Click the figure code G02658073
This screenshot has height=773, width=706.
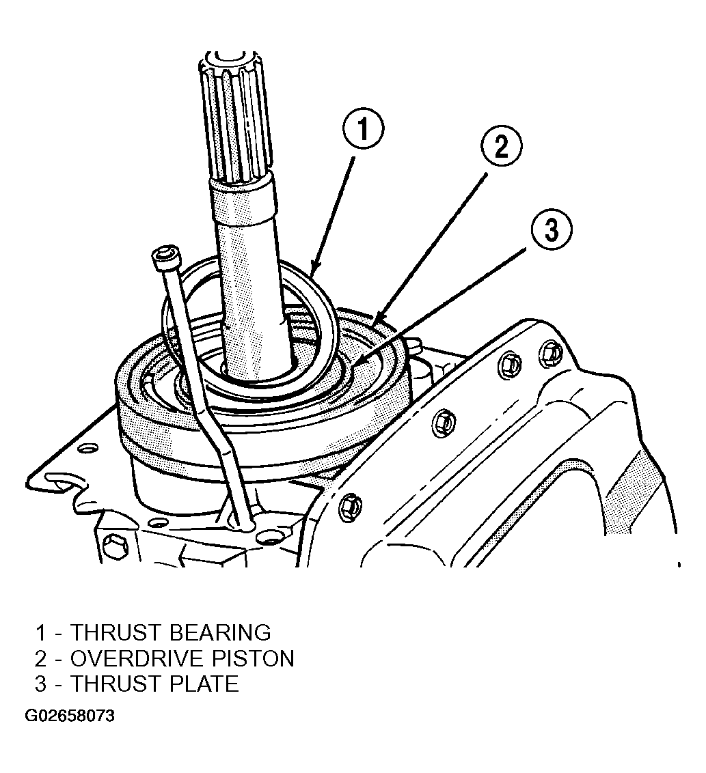click(70, 716)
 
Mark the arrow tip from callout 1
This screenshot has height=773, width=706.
click(312, 275)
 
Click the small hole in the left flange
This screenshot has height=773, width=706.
click(87, 449)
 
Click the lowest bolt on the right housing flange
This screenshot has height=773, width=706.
click(351, 506)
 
